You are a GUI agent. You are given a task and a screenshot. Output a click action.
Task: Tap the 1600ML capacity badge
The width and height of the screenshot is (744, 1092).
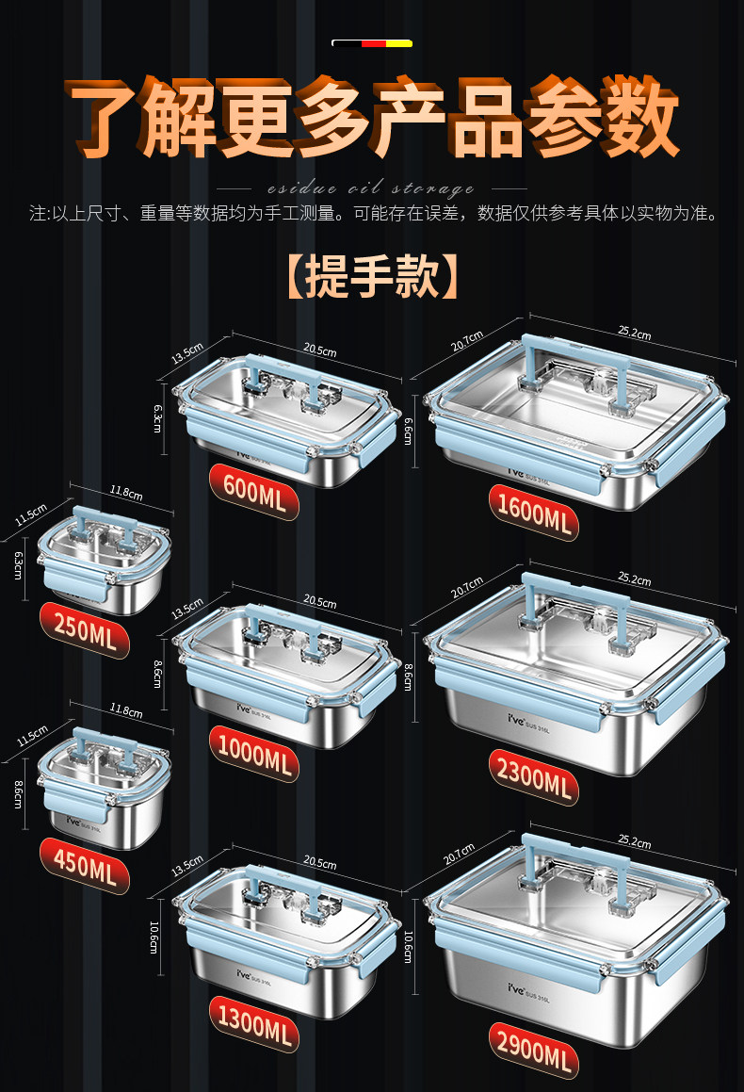click(x=532, y=514)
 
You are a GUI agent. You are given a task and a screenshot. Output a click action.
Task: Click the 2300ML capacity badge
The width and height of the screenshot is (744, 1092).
click(x=532, y=777)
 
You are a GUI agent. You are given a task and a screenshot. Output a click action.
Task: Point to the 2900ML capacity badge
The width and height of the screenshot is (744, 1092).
click(x=532, y=1048)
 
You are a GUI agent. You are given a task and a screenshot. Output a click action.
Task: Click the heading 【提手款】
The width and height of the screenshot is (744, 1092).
click(x=372, y=275)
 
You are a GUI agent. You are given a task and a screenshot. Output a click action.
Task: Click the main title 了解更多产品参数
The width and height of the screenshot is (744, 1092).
click(x=372, y=118)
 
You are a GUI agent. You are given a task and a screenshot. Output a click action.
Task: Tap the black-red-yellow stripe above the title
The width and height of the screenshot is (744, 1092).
click(x=372, y=43)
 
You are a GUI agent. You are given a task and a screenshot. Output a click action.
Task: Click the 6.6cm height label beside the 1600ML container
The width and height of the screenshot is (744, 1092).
click(x=408, y=431)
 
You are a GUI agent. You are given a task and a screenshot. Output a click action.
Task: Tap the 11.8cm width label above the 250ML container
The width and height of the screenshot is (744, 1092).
click(x=125, y=493)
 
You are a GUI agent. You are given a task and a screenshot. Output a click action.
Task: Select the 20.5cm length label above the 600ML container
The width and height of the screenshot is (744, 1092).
click(x=320, y=351)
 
